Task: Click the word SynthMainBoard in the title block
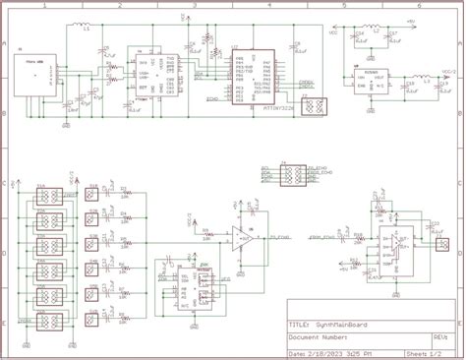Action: point(343,323)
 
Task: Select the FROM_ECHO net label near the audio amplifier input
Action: point(322,237)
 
